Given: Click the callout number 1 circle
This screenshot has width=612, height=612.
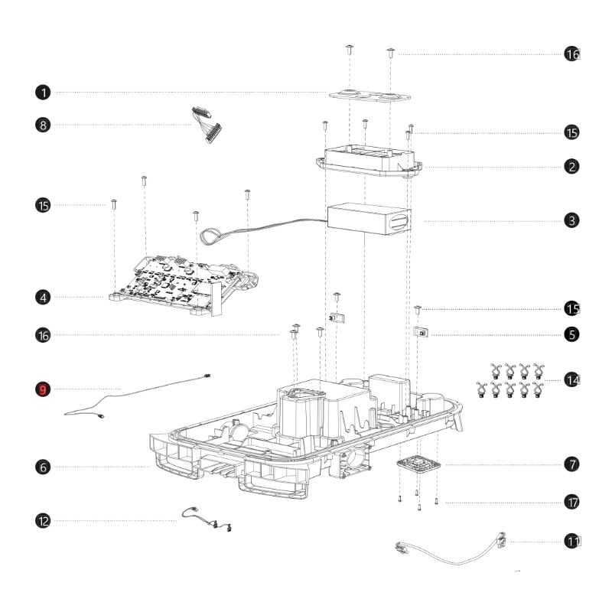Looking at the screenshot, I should click(x=43, y=93).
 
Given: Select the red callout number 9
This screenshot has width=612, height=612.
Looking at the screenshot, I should click(x=43, y=389).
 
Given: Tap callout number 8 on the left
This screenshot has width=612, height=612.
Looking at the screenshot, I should click(x=43, y=124).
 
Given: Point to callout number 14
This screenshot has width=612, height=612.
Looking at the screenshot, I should click(x=572, y=379).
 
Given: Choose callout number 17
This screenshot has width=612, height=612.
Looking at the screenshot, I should click(x=572, y=503).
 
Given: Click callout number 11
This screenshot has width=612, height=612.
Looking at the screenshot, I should click(x=572, y=541).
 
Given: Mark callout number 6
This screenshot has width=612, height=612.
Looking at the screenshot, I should click(x=43, y=466).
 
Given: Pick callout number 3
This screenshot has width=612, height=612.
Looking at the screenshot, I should click(x=572, y=220).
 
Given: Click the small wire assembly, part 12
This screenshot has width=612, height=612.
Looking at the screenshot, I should click(x=207, y=518).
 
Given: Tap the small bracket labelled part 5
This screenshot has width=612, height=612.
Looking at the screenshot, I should click(x=421, y=334).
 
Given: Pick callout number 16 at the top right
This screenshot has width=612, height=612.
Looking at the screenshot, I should click(x=572, y=54).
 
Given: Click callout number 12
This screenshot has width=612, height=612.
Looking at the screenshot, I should click(x=43, y=521).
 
